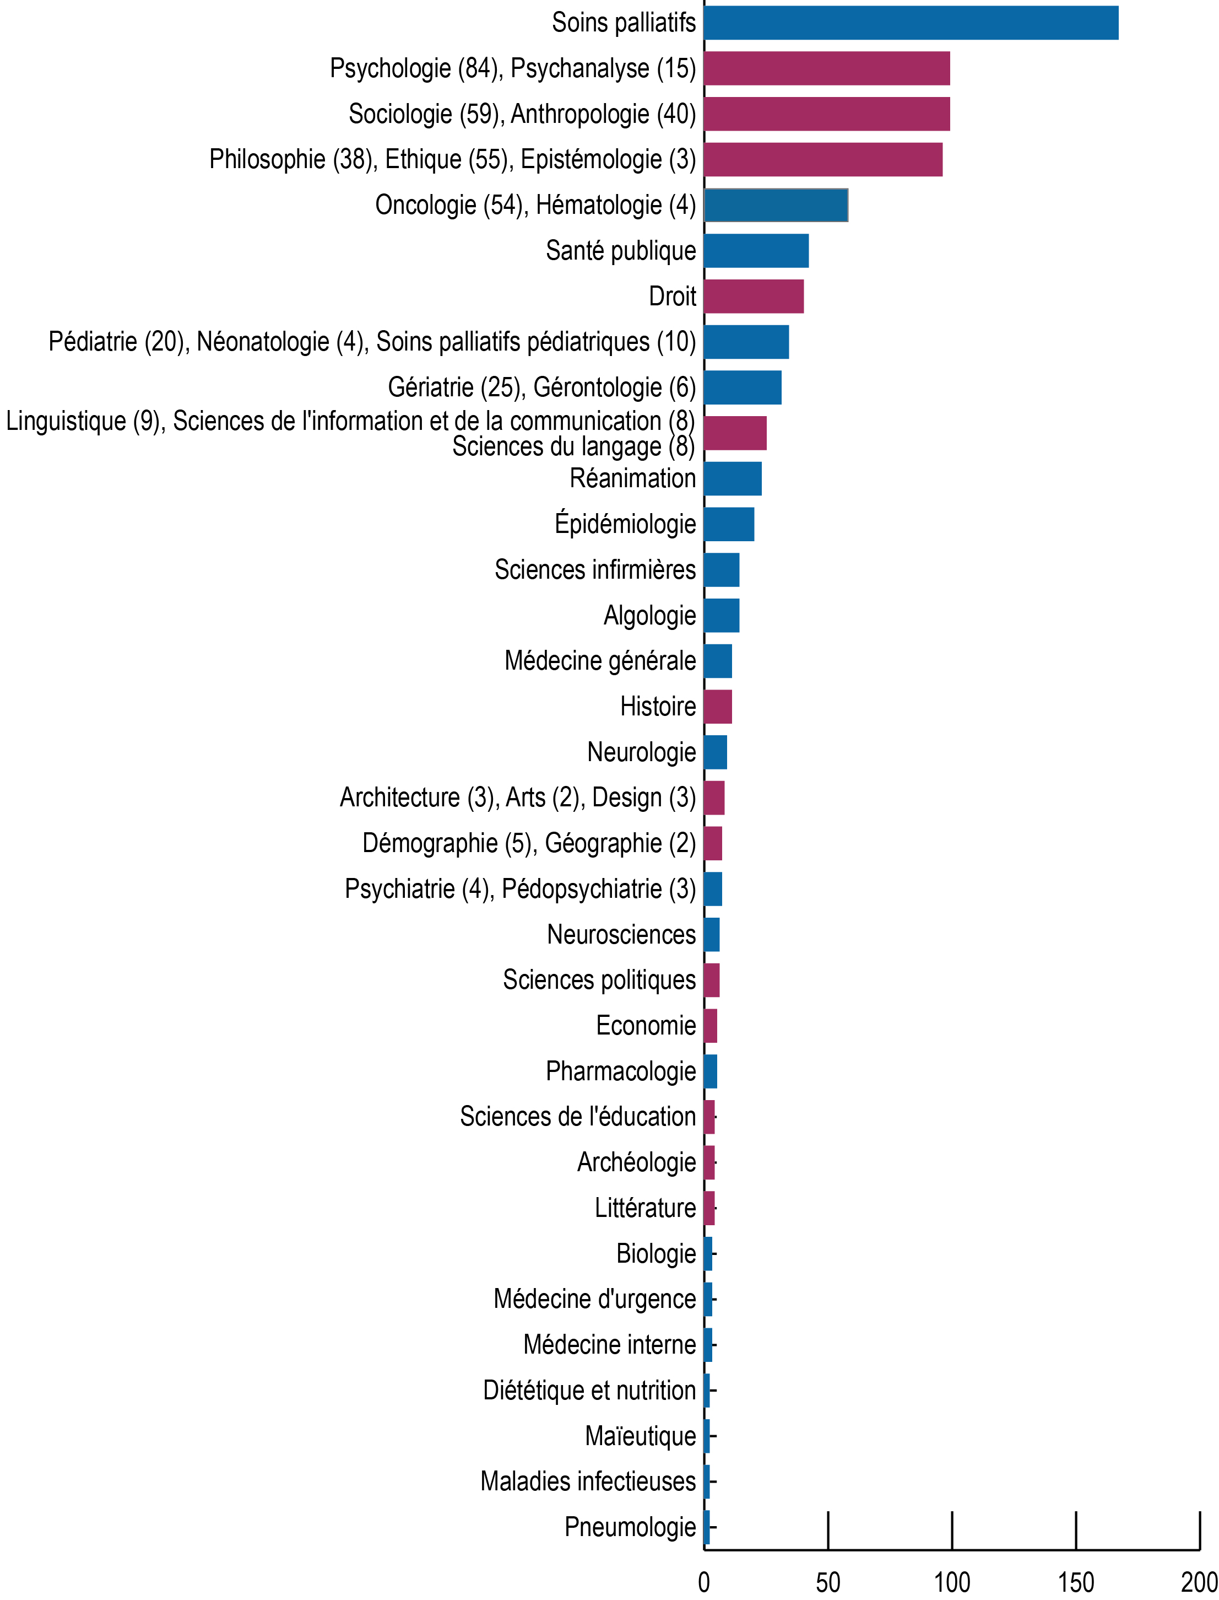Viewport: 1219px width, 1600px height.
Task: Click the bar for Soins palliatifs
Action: click(x=911, y=23)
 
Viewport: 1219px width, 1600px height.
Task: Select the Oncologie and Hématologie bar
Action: click(x=776, y=204)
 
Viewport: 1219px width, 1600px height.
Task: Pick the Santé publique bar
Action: click(x=756, y=250)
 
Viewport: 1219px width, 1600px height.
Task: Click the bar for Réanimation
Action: click(x=733, y=479)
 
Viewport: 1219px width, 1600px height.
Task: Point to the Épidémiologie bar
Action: click(x=729, y=524)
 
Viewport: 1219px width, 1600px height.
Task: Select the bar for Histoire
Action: click(x=718, y=707)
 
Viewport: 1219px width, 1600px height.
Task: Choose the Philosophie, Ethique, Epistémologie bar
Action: click(x=823, y=159)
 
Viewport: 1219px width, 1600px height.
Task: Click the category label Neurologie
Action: click(x=641, y=752)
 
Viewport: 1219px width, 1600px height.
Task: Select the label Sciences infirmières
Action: click(x=595, y=570)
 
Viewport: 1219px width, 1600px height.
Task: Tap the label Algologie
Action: click(x=649, y=616)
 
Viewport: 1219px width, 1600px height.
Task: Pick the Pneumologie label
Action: click(x=630, y=1527)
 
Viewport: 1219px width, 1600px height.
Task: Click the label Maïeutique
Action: click(x=640, y=1436)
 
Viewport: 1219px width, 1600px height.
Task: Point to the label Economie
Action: click(x=646, y=1026)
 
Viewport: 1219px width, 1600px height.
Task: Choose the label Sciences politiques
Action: click(x=599, y=980)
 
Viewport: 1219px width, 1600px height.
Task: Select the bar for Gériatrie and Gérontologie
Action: click(x=743, y=387)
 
